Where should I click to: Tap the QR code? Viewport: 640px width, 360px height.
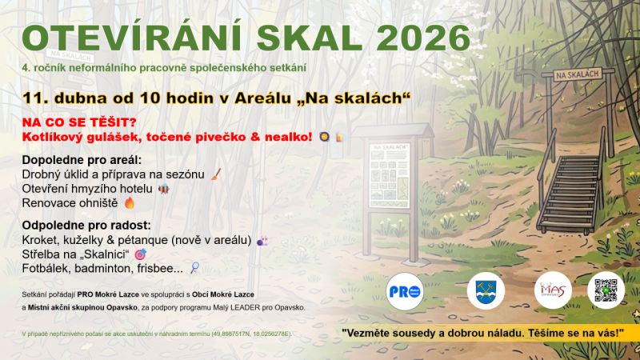tap(606, 290)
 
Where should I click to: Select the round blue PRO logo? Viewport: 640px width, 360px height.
tap(404, 290)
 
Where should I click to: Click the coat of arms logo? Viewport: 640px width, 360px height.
tap(485, 290)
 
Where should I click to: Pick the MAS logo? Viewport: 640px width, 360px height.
tap(553, 290)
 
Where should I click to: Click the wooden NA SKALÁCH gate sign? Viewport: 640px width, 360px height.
tap(577, 74)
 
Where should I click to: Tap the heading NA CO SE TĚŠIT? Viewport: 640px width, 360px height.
tap(79, 122)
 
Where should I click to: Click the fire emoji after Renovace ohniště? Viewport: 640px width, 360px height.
tap(130, 203)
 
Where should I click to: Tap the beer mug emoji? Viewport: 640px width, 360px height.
tap(340, 138)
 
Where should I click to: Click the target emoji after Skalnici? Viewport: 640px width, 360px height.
tap(141, 254)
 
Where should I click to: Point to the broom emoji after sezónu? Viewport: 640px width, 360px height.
tap(216, 174)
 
